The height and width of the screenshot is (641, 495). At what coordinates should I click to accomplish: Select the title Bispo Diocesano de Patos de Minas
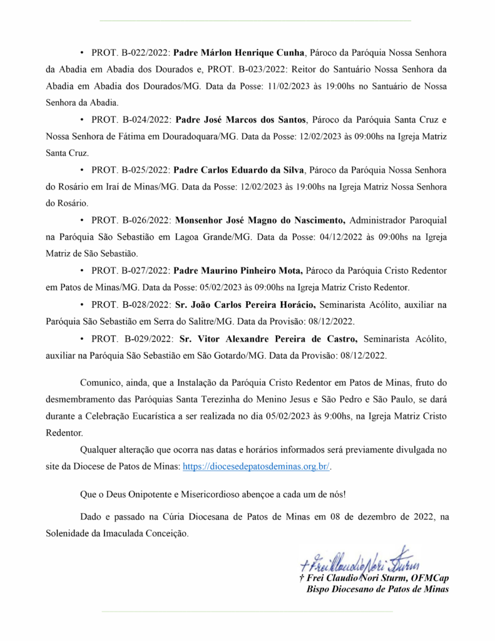(x=377, y=589)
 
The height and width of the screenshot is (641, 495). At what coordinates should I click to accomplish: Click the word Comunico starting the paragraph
(x=101, y=382)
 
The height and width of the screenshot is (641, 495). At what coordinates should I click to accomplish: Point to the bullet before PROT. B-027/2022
(x=83, y=271)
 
